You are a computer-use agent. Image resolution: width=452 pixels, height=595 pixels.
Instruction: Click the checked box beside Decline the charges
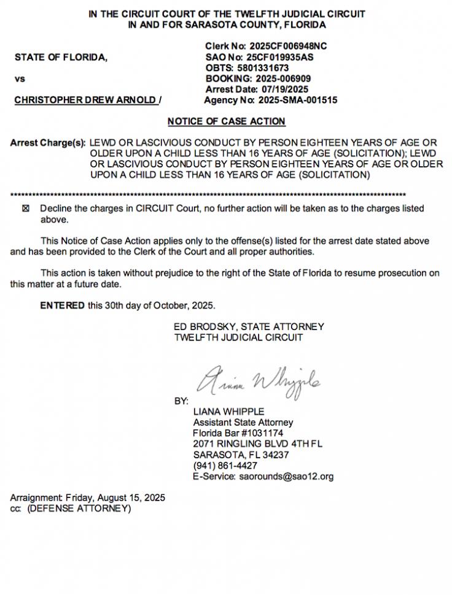pos(25,209)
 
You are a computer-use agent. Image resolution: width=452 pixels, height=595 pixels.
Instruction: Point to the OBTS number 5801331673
pos(262,68)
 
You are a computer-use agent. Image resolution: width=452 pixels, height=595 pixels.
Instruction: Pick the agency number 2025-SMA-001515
pos(297,100)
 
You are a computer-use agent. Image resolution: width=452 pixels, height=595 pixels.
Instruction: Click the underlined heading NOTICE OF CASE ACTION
pos(226,121)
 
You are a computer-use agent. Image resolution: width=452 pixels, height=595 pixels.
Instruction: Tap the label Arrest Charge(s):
pos(48,143)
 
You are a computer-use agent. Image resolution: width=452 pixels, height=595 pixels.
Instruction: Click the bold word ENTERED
pos(63,305)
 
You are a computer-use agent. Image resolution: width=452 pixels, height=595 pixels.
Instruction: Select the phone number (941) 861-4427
pos(225,466)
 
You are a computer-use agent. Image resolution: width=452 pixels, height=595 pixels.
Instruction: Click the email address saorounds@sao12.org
pos(286,477)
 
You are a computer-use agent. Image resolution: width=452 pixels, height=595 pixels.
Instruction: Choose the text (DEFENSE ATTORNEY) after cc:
pos(78,509)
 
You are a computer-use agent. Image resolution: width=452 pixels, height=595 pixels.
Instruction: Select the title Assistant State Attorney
pos(243,422)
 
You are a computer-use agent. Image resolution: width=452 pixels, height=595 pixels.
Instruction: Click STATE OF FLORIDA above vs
pos(61,58)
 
